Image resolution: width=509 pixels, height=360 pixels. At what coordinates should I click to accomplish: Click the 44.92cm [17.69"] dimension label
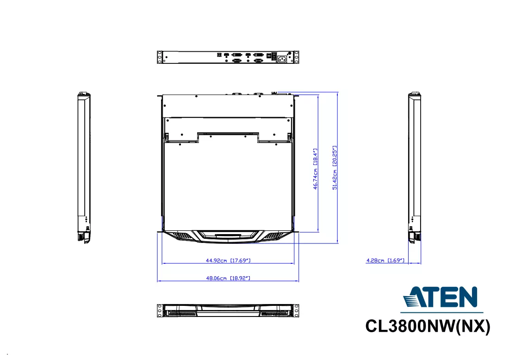[228, 261]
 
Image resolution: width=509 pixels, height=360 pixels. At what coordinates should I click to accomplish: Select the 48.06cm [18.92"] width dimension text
[228, 278]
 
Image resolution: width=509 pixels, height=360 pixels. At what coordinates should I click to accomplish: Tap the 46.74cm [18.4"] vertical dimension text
[315, 169]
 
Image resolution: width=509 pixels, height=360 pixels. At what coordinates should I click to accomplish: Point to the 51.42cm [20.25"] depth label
[335, 168]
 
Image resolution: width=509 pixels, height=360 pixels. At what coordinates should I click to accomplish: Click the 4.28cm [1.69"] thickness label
[385, 261]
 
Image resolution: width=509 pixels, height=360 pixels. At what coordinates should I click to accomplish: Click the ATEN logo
[440, 297]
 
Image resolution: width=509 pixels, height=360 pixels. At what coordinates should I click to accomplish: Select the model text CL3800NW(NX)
[428, 326]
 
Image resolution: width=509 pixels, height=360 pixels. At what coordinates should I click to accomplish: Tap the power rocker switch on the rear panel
[274, 56]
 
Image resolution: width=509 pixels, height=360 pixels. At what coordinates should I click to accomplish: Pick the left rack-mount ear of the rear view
[159, 57]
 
